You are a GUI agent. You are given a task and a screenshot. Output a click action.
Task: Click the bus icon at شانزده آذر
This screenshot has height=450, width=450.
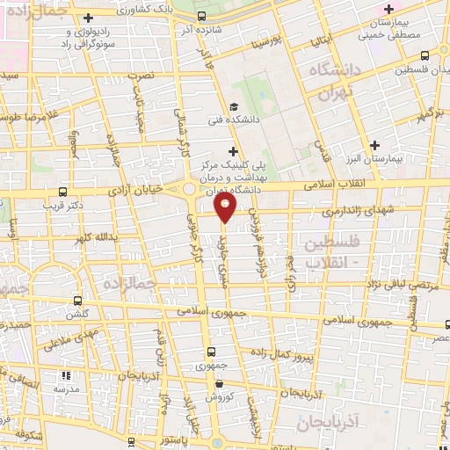[x=203, y=16]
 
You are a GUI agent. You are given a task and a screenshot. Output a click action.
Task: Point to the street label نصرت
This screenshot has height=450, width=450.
[x=141, y=77]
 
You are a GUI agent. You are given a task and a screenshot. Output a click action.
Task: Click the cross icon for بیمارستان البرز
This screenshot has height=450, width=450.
[x=374, y=145]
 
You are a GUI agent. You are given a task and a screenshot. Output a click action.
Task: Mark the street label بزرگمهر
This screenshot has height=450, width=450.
[x=426, y=116]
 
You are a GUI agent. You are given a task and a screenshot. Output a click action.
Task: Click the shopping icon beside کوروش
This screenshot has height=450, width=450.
[x=220, y=384]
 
